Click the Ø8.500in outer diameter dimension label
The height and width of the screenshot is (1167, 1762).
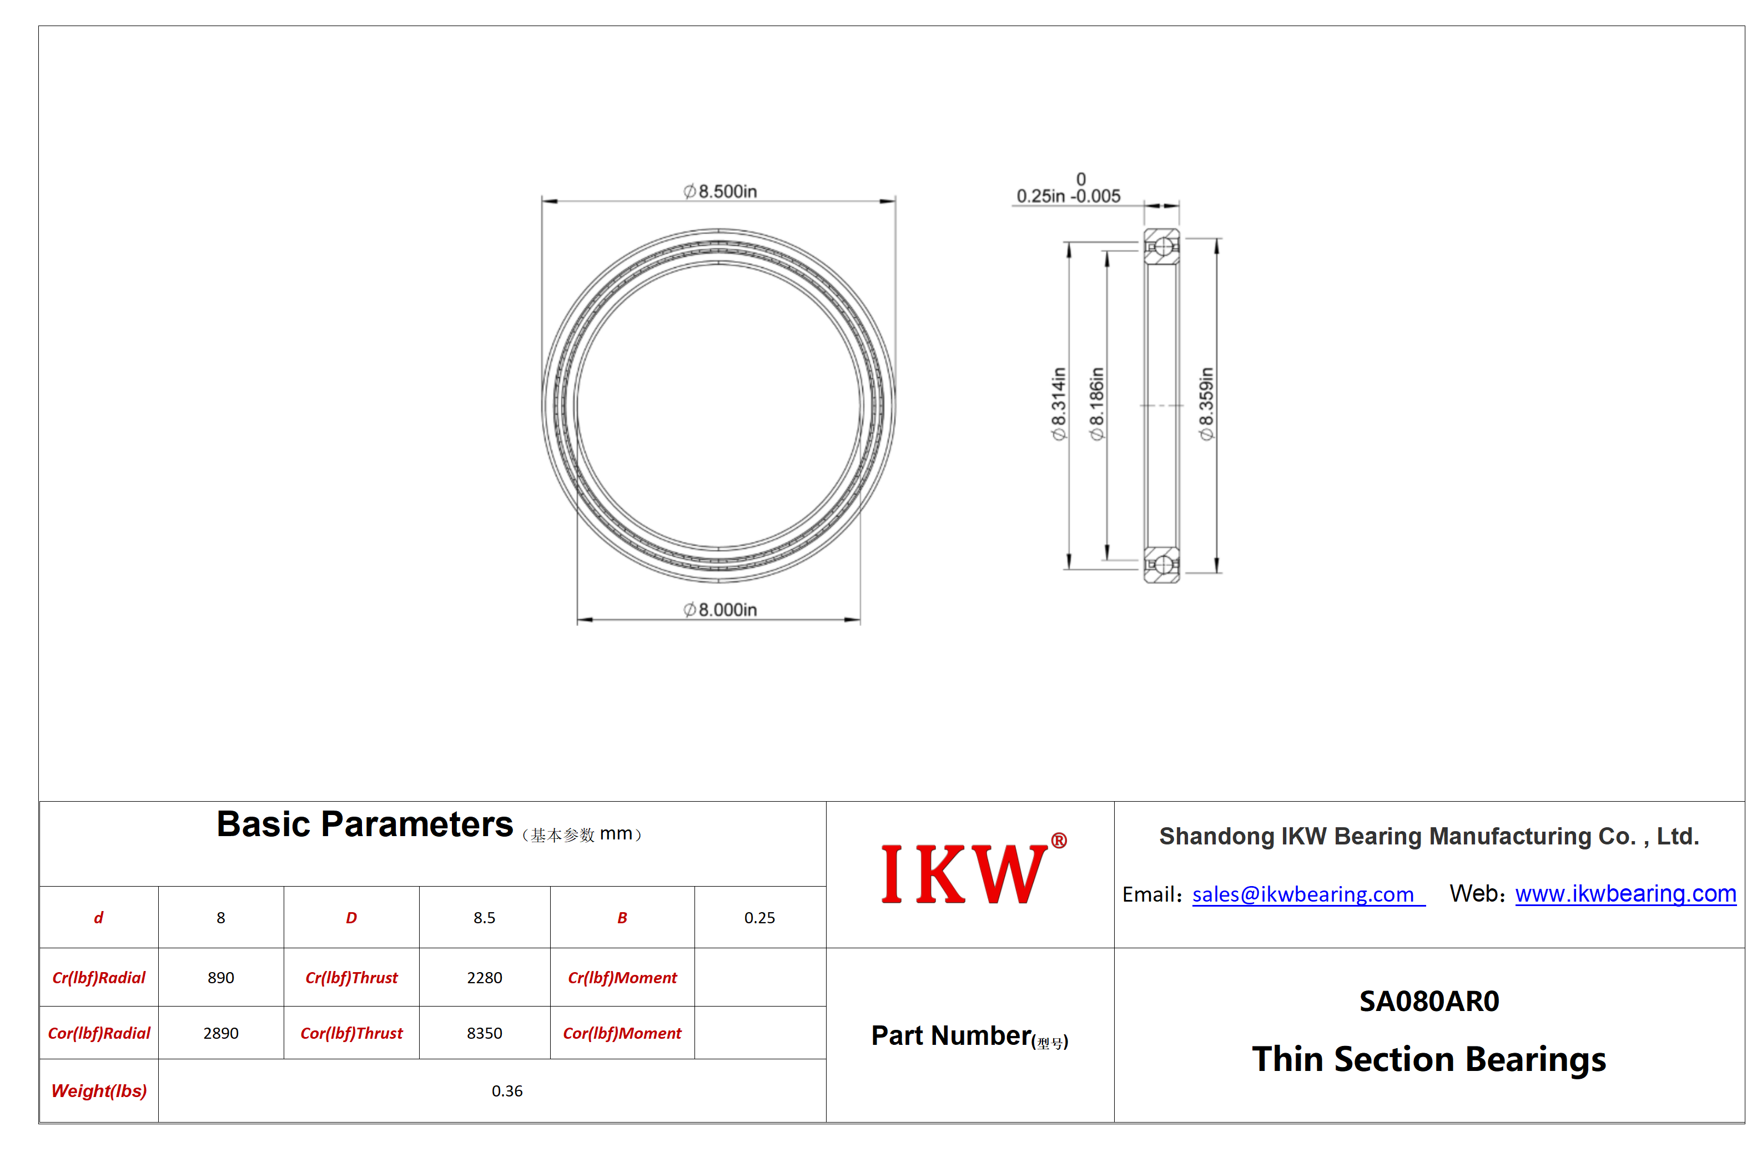coord(719,192)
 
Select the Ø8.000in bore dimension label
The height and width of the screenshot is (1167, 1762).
coord(719,610)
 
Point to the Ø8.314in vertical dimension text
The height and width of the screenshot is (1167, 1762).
coord(1058,404)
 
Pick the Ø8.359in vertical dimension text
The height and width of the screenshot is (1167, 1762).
coord(1206,404)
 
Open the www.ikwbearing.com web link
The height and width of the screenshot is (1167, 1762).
coord(1625,893)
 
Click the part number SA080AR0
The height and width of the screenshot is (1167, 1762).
coord(1429,1001)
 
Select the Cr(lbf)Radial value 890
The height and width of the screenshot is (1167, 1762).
coord(221,977)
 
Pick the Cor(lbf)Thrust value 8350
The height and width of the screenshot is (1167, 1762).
coord(485,1033)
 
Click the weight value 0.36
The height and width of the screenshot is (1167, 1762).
coord(507,1091)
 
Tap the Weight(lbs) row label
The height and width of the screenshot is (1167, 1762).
coord(99,1091)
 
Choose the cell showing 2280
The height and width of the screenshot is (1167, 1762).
coord(485,977)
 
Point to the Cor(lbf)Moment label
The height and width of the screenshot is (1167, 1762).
coord(622,1033)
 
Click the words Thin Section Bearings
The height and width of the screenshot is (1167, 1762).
coord(1429,1060)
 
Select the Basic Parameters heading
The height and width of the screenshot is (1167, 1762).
coord(365,824)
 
